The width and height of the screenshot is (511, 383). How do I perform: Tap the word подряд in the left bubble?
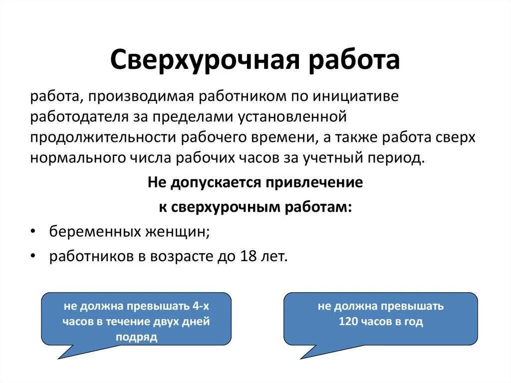tap(136, 337)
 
